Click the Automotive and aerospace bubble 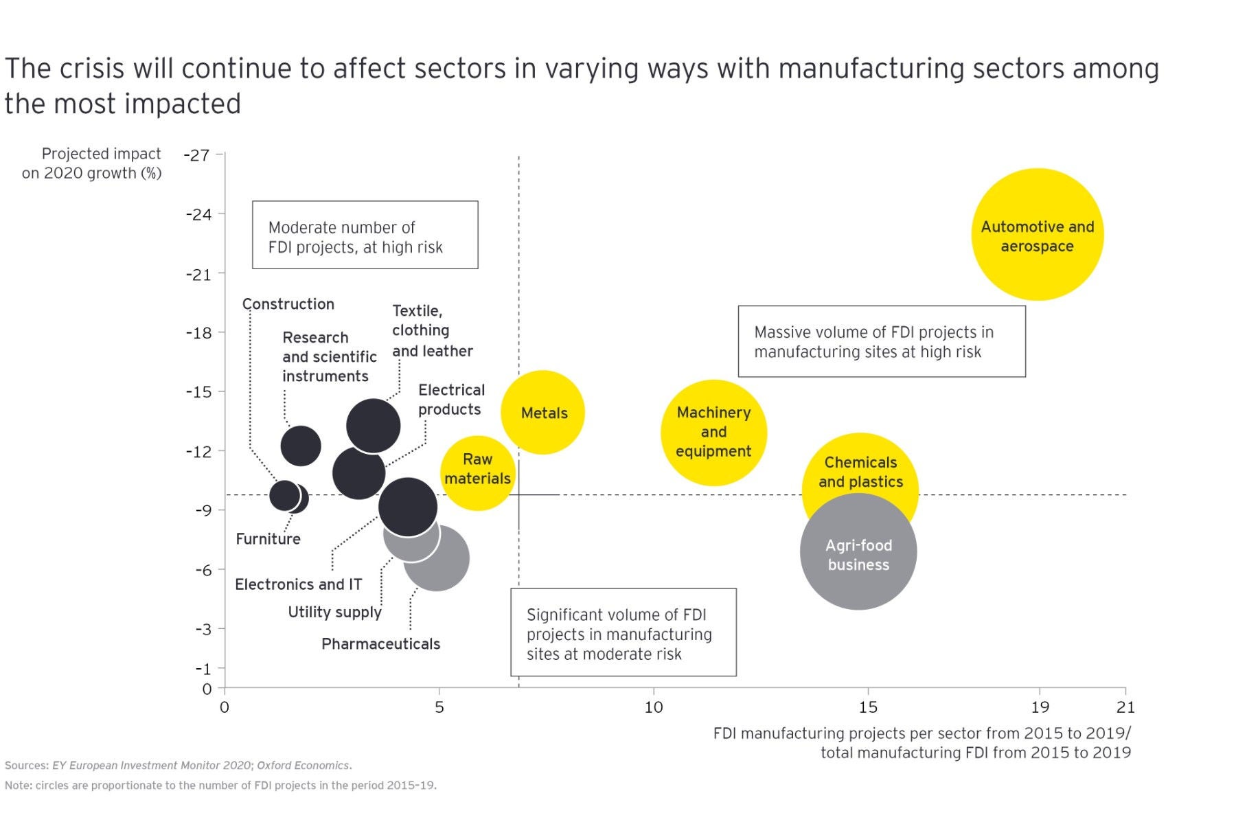(1037, 235)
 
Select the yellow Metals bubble (543, 413)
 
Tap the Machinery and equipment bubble (713, 433)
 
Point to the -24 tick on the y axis (199, 214)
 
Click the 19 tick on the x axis (1040, 707)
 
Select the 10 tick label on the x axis (653, 707)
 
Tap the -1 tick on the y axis (203, 669)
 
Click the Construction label (288, 304)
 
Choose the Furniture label (268, 539)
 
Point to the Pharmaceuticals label (380, 644)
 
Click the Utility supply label (334, 612)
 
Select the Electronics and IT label (298, 584)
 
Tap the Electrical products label (451, 400)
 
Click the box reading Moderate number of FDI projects (365, 235)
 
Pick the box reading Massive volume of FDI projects (882, 341)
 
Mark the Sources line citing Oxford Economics (179, 765)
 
